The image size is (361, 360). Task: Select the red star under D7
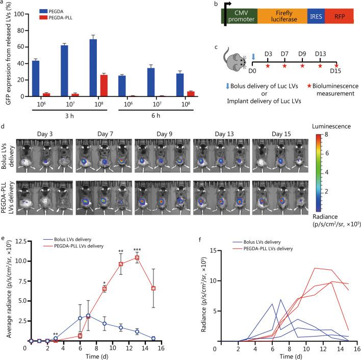[x=285, y=66]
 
